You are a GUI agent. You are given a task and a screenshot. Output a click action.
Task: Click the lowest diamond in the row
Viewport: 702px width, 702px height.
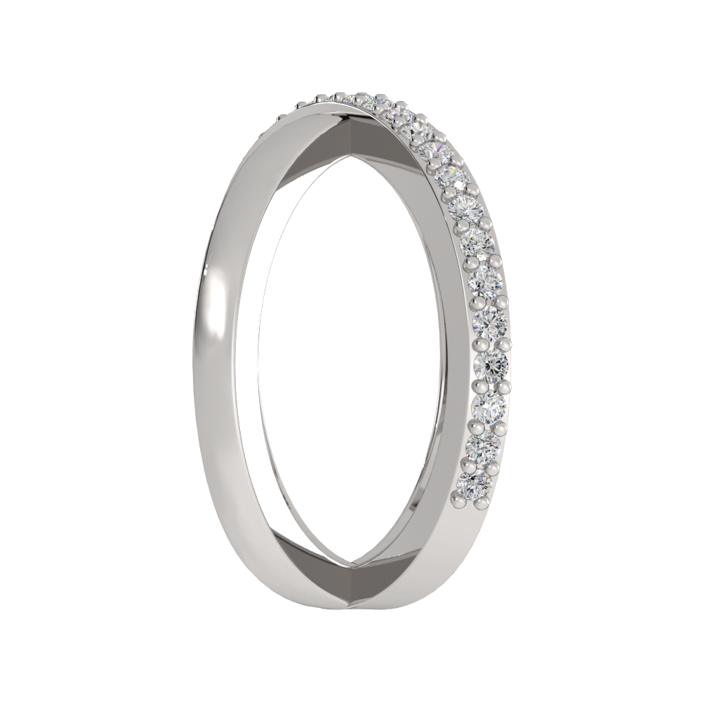coord(474,484)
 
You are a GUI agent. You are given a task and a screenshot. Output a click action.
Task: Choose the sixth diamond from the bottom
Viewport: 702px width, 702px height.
coord(486,281)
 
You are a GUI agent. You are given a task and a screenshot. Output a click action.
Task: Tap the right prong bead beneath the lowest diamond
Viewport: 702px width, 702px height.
coord(482,503)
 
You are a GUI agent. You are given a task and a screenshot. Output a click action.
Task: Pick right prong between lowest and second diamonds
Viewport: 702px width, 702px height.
coord(494,466)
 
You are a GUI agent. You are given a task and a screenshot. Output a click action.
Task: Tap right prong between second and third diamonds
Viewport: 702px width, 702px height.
coord(500,426)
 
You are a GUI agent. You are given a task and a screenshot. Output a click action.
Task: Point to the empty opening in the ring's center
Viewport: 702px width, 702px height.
coord(351,351)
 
